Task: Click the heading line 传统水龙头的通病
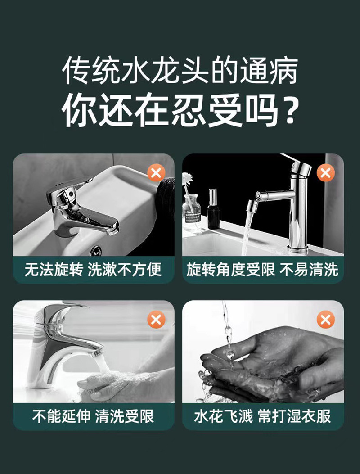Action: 180,70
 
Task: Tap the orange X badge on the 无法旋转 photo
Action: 156,173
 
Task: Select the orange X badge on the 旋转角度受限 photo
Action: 325,173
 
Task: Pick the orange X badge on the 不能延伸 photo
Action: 156,320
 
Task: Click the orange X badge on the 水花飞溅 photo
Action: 325,320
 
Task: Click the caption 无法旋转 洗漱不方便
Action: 93,270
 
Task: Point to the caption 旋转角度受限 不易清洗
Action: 262,270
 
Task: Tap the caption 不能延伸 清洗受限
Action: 93,416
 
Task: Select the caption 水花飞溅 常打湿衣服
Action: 262,416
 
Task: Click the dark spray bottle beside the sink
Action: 213,209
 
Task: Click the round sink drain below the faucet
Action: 95,251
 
